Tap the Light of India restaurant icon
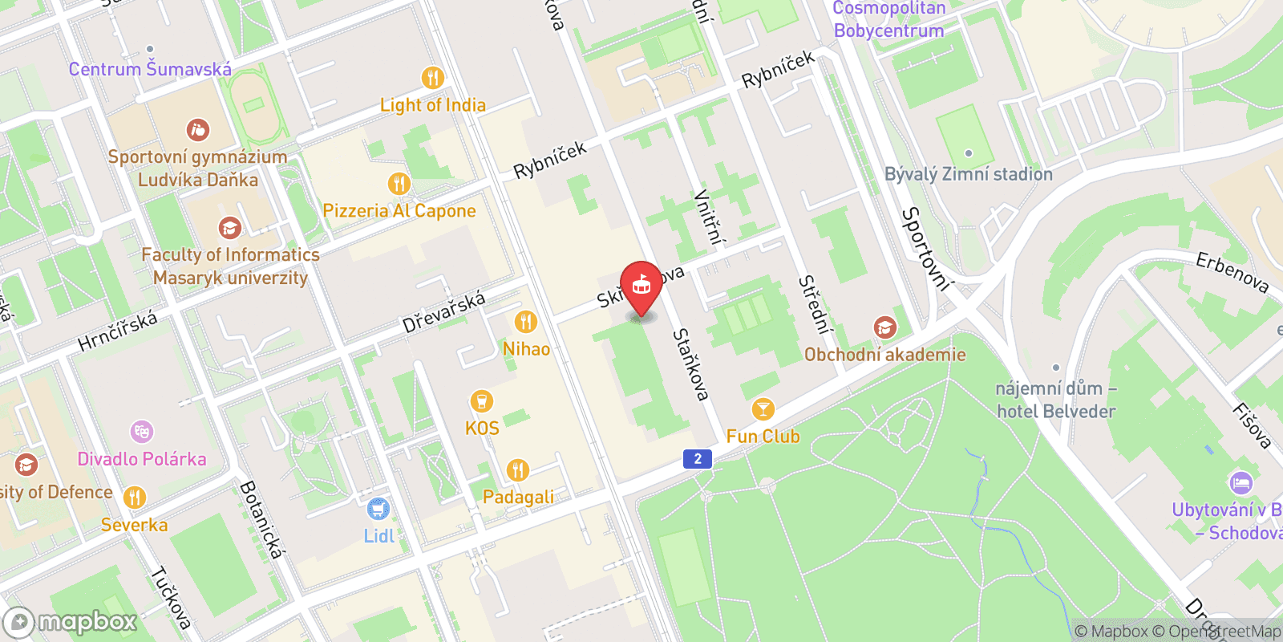(x=433, y=78)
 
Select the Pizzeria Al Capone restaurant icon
(x=399, y=184)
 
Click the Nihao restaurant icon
(x=526, y=322)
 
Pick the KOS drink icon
(x=481, y=401)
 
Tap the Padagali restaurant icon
(x=518, y=470)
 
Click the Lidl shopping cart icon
(x=378, y=509)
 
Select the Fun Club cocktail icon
(x=763, y=409)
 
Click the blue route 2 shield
(x=698, y=458)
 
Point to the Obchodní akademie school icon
(x=885, y=327)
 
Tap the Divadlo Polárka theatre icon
(x=142, y=432)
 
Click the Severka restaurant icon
(x=135, y=498)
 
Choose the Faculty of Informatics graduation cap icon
(x=230, y=228)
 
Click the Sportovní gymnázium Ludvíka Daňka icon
(x=197, y=129)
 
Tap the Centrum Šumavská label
(x=150, y=69)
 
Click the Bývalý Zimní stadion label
(x=969, y=174)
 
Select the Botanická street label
(x=261, y=519)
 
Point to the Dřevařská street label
(x=443, y=312)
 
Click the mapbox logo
(x=71, y=622)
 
